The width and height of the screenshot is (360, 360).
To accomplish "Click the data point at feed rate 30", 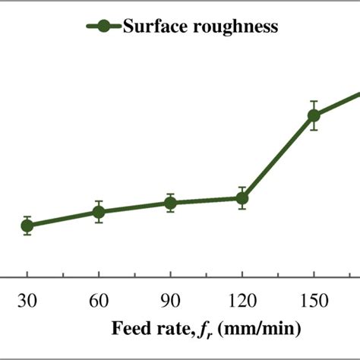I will [x=27, y=225].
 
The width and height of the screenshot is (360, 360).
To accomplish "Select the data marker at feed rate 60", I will [x=99, y=212].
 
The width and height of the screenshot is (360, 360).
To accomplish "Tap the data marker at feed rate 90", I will [x=170, y=203].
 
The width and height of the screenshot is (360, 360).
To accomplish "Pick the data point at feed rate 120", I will [x=242, y=198].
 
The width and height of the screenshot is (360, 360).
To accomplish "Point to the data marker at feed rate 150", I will [x=313, y=115].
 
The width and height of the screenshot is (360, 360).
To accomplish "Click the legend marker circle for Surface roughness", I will [x=104, y=27].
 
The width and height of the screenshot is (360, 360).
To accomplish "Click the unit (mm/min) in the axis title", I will [x=251, y=329].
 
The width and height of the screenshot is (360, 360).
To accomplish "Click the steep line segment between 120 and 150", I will [x=277, y=157].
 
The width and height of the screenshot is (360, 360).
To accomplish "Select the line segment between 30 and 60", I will [x=63, y=219].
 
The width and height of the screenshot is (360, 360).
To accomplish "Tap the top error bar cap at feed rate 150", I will [x=313, y=101].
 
